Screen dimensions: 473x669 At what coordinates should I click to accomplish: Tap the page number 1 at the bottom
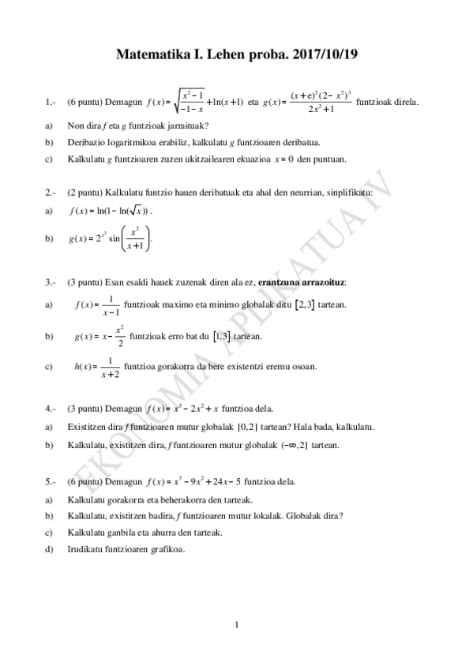(x=236, y=626)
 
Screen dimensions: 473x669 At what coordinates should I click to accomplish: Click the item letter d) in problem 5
(x=50, y=549)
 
